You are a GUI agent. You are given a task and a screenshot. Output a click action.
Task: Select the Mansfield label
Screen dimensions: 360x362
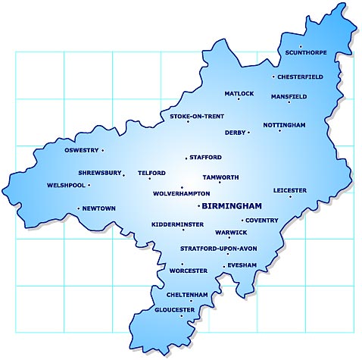tap(289, 96)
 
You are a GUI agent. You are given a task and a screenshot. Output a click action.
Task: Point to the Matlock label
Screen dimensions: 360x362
tap(239, 93)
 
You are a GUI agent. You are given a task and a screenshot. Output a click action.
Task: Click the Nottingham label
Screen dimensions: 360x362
tap(284, 124)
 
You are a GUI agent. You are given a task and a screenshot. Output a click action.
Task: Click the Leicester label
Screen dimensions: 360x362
tap(290, 190)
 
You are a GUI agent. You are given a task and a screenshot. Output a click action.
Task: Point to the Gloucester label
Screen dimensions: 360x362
tap(174, 309)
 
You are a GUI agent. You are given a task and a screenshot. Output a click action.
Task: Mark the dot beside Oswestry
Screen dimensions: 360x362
tap(102, 150)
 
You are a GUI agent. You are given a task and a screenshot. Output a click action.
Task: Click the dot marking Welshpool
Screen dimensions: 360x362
tap(89, 185)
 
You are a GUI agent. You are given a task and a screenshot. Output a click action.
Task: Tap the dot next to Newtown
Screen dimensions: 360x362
tap(78, 208)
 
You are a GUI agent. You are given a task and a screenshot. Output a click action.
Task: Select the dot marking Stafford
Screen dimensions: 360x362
tap(186, 158)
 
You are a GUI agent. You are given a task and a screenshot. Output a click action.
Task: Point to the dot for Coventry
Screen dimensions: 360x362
tap(242, 221)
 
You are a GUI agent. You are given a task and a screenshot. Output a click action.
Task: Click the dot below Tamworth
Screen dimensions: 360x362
tap(220, 183)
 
